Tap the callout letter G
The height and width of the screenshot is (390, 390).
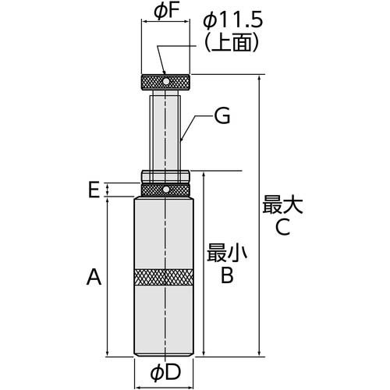(x=223, y=117)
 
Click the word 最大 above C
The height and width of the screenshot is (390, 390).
(x=282, y=204)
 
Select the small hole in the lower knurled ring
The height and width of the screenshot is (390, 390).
(x=165, y=189)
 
